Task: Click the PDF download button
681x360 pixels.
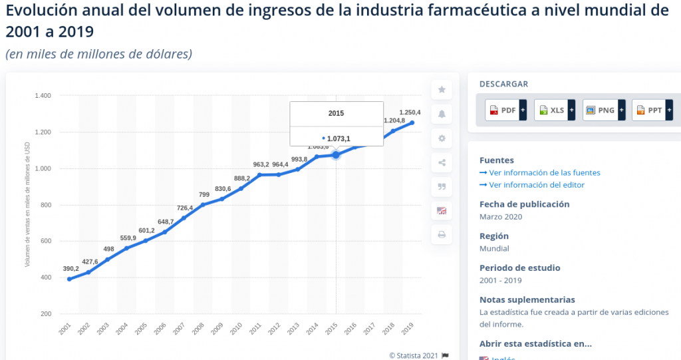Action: point(505,110)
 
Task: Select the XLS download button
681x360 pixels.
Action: point(555,110)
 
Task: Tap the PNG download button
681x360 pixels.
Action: point(603,110)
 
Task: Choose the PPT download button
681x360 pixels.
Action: point(652,110)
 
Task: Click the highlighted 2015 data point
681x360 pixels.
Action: point(336,155)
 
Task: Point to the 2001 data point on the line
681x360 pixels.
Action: point(69,279)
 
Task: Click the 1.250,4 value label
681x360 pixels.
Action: point(410,112)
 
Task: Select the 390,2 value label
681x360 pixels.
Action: point(70,269)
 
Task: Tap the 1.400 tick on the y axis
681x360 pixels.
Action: point(43,96)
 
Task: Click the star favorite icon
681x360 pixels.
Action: point(442,90)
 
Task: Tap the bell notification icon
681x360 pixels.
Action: point(442,114)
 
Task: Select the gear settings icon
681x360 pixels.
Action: point(442,138)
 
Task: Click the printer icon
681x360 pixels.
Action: point(442,235)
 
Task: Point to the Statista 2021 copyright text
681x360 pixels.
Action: point(414,355)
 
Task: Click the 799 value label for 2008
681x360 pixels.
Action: point(204,194)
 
